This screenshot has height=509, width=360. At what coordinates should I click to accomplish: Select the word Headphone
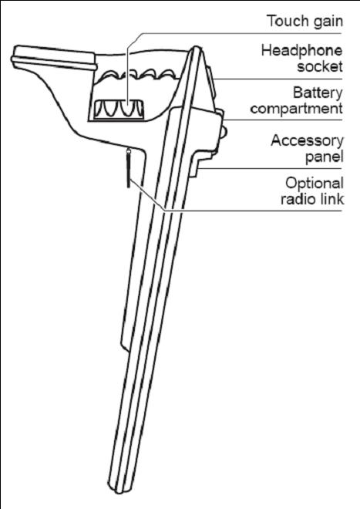[302, 51]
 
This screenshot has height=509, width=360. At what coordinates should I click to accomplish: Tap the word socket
[320, 66]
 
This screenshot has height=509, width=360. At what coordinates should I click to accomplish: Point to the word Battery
[318, 93]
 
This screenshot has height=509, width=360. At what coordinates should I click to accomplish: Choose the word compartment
[296, 109]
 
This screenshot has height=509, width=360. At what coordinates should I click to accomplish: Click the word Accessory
[307, 141]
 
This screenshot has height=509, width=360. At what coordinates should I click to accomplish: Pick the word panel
[325, 157]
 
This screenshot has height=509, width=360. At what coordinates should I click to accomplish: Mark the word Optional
[315, 184]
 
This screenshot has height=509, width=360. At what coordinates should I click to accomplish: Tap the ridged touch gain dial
[119, 110]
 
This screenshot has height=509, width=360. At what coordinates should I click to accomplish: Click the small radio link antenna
[129, 168]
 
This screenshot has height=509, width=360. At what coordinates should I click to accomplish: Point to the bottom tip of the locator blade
[120, 491]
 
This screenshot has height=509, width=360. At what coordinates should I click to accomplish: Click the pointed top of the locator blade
[196, 47]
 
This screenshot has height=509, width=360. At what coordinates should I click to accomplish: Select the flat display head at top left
[54, 58]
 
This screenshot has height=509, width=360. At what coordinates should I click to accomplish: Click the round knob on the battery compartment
[224, 132]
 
